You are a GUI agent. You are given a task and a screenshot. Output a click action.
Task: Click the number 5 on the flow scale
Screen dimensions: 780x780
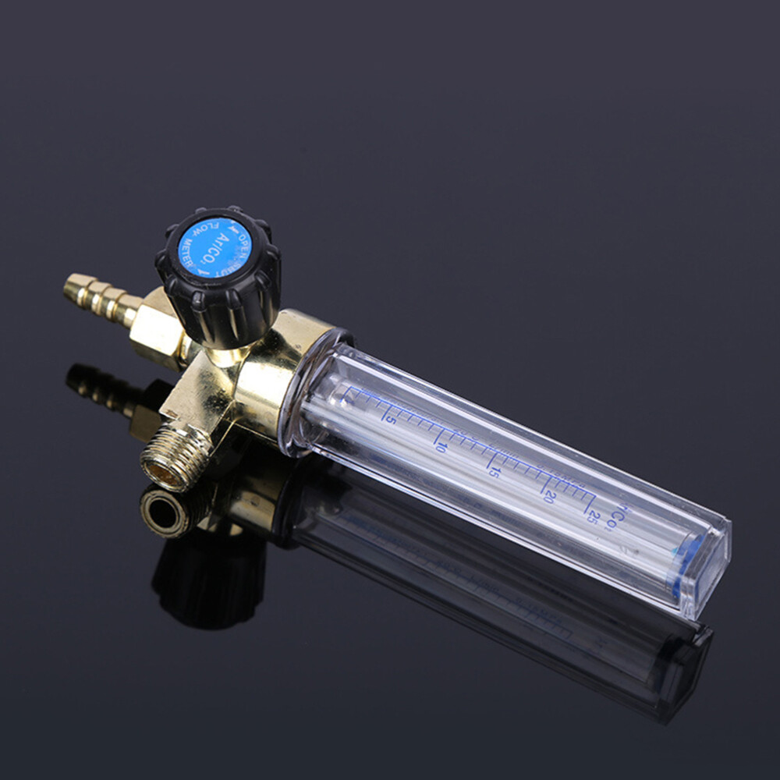(x=390, y=419)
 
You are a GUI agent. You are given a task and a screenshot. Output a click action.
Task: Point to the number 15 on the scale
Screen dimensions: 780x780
(x=494, y=470)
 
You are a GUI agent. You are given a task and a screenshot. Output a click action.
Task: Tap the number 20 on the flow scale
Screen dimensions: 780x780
(x=550, y=496)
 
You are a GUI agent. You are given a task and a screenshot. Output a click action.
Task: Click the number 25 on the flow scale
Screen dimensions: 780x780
(x=594, y=516)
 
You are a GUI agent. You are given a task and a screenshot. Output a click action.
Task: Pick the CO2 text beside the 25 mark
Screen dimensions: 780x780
(x=620, y=515)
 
